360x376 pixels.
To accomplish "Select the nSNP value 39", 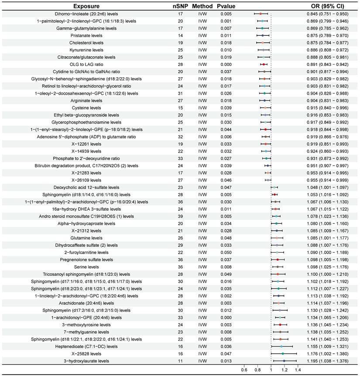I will coord(180,216).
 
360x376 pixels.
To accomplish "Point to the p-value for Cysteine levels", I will coord(226,107).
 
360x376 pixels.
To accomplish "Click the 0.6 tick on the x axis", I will coord(244,370).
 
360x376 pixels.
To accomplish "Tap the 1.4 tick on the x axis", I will coord(298,370).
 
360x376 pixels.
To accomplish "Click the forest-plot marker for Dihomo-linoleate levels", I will coord(261,14).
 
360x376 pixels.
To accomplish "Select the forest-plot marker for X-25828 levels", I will coord(283,353).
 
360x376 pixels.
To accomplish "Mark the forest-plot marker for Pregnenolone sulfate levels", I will coord(278,260).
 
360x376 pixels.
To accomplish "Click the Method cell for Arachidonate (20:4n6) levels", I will coord(202,303).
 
